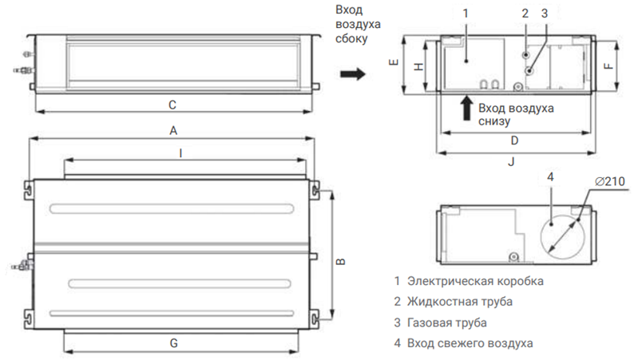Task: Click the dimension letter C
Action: click(x=172, y=105)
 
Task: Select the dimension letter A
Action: click(x=173, y=131)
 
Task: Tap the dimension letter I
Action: click(x=180, y=153)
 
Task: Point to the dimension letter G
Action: click(x=174, y=343)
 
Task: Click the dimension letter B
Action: click(x=341, y=262)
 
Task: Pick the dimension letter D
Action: click(x=514, y=140)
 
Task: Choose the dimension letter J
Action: click(x=512, y=162)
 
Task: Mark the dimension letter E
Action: click(x=394, y=62)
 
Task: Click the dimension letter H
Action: click(x=418, y=67)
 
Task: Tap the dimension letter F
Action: click(x=608, y=66)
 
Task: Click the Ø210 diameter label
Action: click(x=609, y=181)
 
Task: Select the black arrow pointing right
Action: click(x=353, y=73)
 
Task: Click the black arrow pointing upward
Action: click(x=466, y=109)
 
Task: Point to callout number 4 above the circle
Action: click(x=550, y=177)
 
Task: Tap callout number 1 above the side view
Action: click(x=466, y=14)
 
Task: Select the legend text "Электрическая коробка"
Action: click(x=475, y=281)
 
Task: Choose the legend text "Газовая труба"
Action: click(x=447, y=322)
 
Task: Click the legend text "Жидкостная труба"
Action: click(x=460, y=302)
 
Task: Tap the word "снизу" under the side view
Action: click(x=494, y=121)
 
